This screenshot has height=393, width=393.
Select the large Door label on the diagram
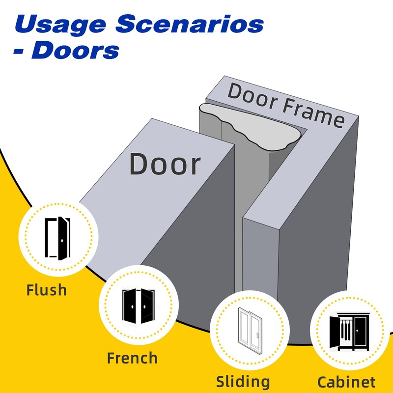(165, 164)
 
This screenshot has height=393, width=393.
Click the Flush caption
(46, 289)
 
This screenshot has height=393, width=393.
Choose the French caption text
(132, 358)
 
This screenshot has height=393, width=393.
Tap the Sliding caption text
(243, 381)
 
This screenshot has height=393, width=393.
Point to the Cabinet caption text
(346, 382)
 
